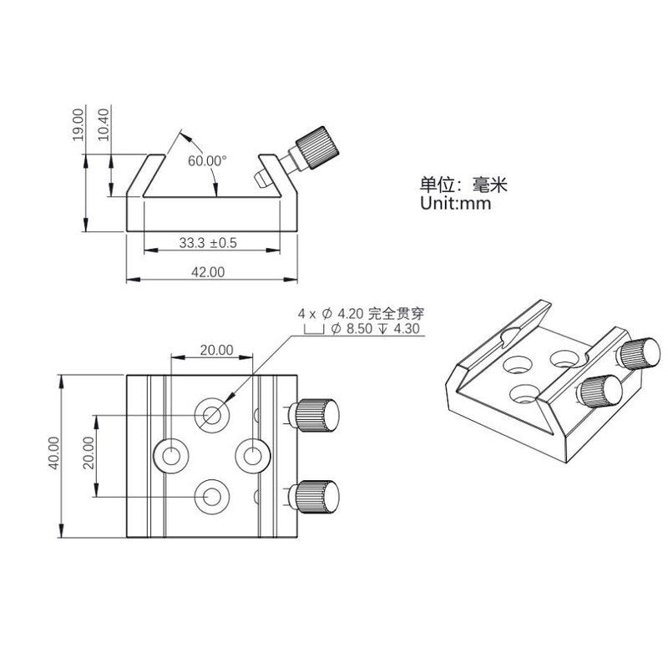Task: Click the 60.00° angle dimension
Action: pos(207,160)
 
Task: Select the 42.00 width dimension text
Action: pos(207,272)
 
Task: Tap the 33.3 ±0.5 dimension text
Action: pos(207,243)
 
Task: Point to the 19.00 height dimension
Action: pos(78,124)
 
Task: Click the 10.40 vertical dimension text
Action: pos(103,124)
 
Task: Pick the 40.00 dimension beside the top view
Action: pos(54,453)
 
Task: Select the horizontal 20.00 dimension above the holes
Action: pos(217,350)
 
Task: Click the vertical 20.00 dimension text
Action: pos(89,453)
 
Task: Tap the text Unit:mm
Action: pos(455,203)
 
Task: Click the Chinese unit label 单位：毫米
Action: pos(463,185)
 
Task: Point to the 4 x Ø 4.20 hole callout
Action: pos(361,315)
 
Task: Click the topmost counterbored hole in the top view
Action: pos(212,415)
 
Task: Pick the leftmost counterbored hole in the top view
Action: pos(171,456)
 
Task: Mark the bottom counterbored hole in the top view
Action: pos(212,497)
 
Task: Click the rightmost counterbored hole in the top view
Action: pos(253,456)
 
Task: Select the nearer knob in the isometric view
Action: pos(600,391)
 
